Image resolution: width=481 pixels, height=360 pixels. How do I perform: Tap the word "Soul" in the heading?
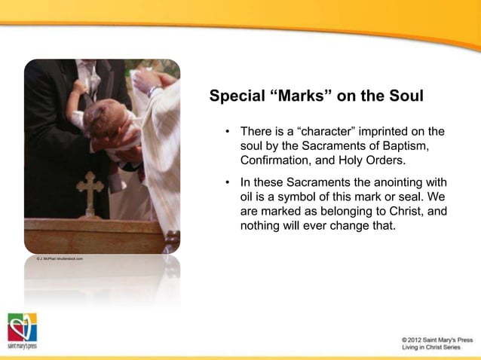(x=406, y=97)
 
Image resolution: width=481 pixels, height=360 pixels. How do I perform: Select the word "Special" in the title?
(x=235, y=97)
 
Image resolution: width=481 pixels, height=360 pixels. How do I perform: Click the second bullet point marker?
(x=227, y=183)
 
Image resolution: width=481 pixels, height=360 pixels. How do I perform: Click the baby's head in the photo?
(x=100, y=121)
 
